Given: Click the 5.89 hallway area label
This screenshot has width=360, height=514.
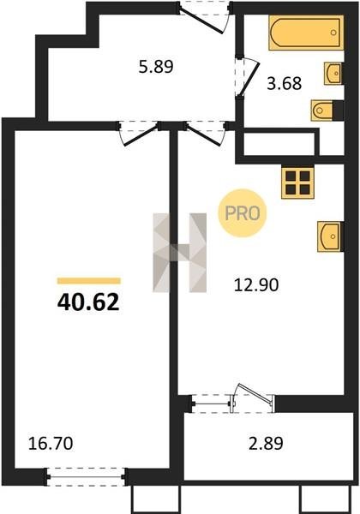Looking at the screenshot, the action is pyautogui.click(x=156, y=67).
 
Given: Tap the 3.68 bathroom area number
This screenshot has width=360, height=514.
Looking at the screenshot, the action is pyautogui.click(x=285, y=83).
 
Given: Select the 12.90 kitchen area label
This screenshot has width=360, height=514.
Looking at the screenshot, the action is pyautogui.click(x=256, y=284).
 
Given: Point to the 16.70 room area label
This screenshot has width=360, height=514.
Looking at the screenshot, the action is pyautogui.click(x=51, y=444).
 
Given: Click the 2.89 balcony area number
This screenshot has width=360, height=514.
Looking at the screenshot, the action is pyautogui.click(x=266, y=444).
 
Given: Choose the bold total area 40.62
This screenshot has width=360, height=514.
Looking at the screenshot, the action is pyautogui.click(x=88, y=302).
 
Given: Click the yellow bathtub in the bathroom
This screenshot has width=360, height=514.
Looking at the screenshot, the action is pyautogui.click(x=306, y=33).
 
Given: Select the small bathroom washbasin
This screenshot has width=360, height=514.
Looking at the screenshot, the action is pyautogui.click(x=333, y=74).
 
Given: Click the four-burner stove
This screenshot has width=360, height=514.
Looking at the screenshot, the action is pyautogui.click(x=297, y=182).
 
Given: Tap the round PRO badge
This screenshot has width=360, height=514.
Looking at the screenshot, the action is pyautogui.click(x=243, y=213).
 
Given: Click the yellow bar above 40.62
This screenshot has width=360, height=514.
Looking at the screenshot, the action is pyautogui.click(x=89, y=281).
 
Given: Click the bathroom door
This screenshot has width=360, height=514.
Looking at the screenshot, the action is pyautogui.click(x=247, y=77).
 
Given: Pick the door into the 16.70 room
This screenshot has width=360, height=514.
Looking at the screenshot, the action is pyautogui.click(x=138, y=134).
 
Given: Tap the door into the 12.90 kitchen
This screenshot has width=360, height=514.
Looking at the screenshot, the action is pyautogui.click(x=205, y=134).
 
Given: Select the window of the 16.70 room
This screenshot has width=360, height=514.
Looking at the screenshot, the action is pyautogui.click(x=86, y=476).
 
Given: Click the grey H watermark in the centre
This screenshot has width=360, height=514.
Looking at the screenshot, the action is pyautogui.click(x=180, y=253).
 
